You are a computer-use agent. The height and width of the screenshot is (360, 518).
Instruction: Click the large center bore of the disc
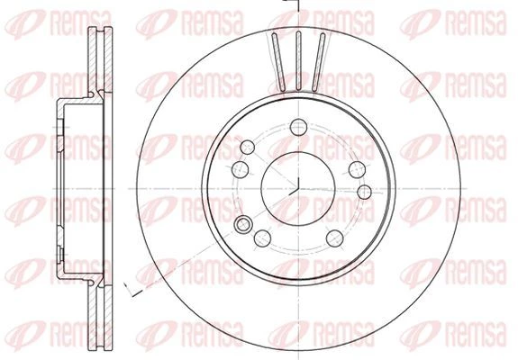(298, 188)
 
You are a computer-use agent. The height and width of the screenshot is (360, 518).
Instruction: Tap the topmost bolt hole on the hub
(299, 127)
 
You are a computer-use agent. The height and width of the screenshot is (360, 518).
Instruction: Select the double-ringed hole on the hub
(243, 224)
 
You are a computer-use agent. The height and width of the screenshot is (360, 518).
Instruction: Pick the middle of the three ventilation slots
(299, 60)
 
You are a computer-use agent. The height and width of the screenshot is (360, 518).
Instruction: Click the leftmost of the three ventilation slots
(278, 61)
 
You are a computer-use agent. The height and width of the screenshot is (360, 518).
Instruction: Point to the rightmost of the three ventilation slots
(319, 62)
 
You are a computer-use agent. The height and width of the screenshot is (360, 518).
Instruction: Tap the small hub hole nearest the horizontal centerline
(364, 192)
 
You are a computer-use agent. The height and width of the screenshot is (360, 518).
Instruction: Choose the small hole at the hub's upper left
(247, 148)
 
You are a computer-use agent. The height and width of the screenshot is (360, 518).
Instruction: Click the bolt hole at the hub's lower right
(334, 238)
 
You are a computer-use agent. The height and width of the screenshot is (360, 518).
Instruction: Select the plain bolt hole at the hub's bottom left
(263, 238)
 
